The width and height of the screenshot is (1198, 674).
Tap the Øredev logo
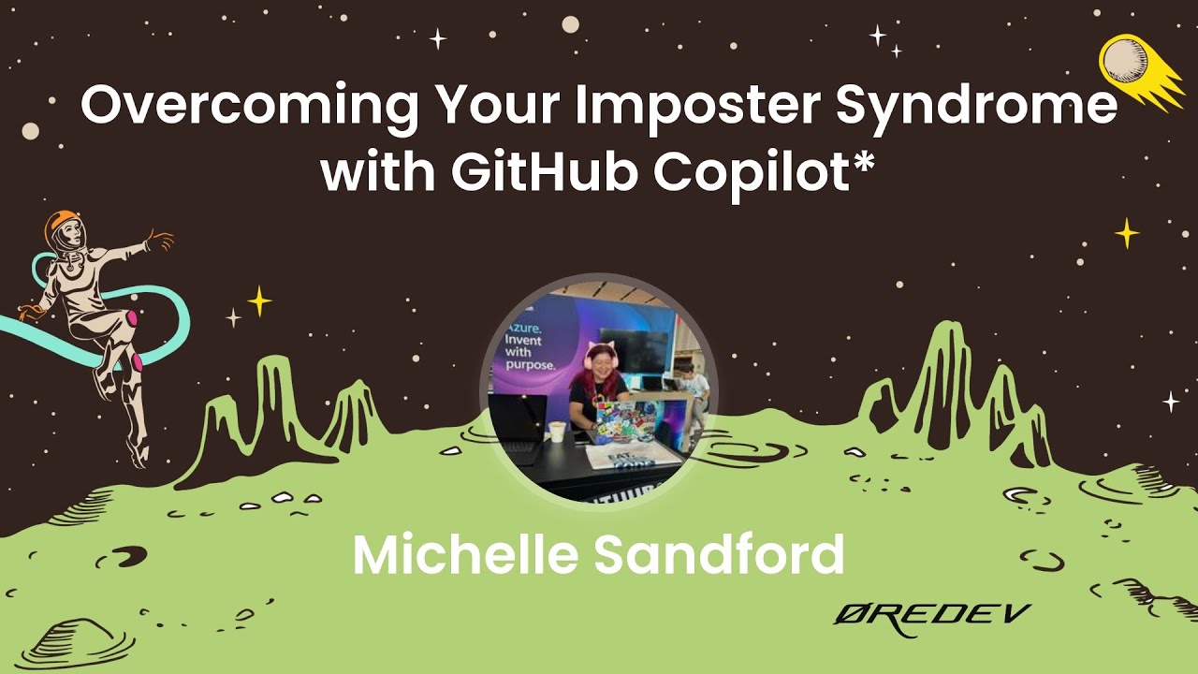click(931, 618)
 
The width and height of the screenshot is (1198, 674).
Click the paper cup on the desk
click(558, 431)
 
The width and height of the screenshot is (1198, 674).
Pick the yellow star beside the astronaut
click(259, 300)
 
